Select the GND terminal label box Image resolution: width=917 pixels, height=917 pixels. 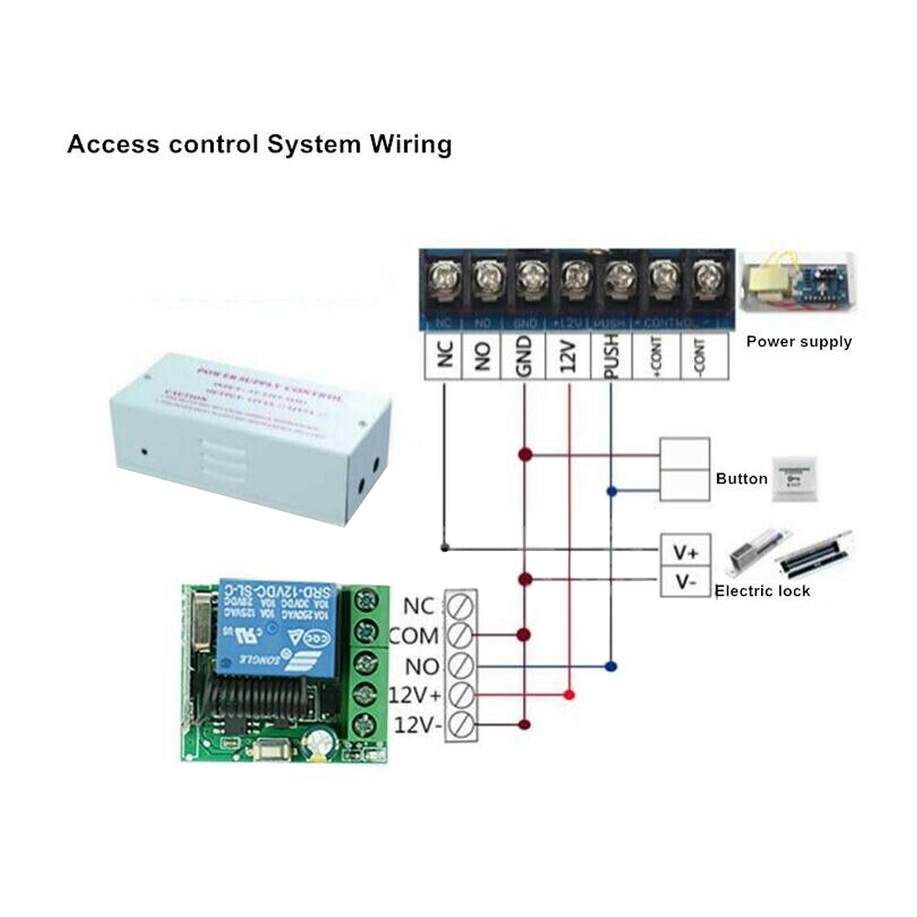pos(525,355)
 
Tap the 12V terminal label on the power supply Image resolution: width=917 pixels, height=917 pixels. pos(569,355)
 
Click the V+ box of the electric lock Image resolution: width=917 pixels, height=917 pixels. pos(685,553)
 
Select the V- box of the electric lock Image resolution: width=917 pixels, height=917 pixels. pos(685,581)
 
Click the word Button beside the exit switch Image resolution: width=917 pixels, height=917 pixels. pos(741,479)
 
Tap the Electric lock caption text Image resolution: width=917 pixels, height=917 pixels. pos(762,591)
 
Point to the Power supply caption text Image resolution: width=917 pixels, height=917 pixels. pos(798,342)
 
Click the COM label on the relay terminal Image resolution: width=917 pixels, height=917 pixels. pos(414,635)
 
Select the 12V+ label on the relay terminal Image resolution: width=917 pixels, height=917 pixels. pos(414,695)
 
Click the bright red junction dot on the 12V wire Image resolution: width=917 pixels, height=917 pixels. pos(569,695)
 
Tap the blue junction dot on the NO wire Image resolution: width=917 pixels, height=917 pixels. pos(612,666)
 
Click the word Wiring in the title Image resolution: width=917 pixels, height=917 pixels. pos(411,144)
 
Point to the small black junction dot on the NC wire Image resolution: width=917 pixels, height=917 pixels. pos(444,548)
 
